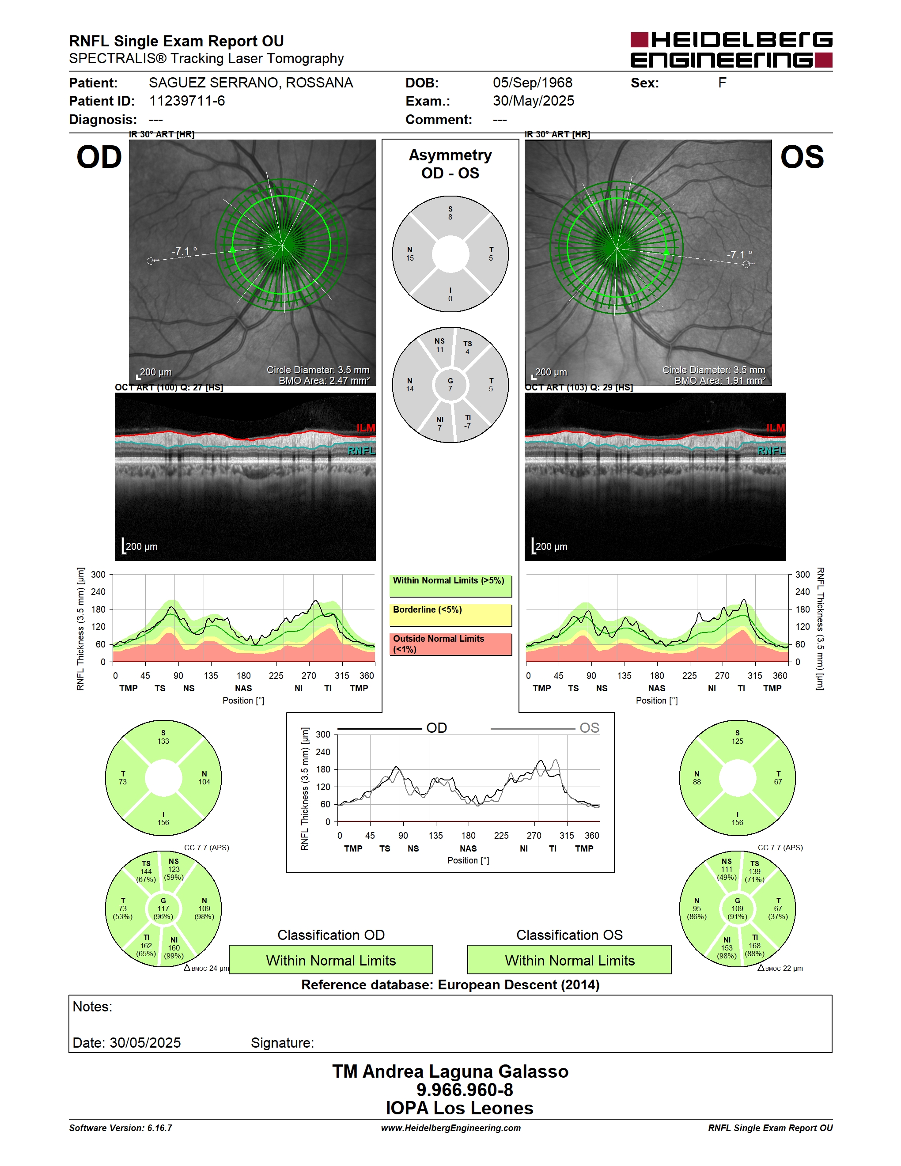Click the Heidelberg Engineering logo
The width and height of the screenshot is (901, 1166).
point(731,50)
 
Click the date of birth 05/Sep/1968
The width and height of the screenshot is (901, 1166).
point(532,83)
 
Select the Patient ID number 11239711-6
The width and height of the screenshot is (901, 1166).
point(187,101)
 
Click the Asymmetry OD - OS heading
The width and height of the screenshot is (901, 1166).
point(450,164)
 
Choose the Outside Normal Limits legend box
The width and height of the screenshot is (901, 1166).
point(450,644)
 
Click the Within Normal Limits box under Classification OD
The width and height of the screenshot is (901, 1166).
point(331,960)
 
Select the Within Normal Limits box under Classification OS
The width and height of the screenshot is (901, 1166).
point(570,960)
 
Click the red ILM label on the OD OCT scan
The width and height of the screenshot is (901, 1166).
point(366,428)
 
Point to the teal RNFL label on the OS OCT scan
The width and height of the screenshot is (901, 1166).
point(771,451)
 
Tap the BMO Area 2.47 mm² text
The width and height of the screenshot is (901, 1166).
point(324,381)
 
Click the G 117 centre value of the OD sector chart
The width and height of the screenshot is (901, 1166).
point(163,908)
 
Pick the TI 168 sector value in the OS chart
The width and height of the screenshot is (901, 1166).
point(755,946)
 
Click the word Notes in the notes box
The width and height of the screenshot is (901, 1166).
point(92,1007)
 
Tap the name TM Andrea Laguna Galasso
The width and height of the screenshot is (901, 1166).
point(450,1071)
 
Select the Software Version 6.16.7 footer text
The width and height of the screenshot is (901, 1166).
point(121,1128)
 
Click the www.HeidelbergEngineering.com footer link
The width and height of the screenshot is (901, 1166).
point(451,1128)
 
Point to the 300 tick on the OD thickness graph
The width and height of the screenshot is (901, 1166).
point(98,575)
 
